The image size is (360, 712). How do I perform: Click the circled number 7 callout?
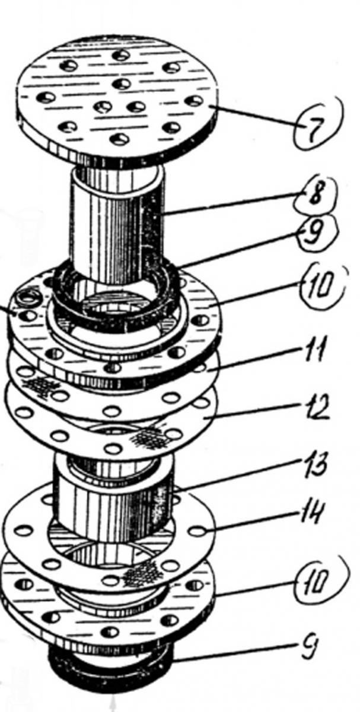[318, 126]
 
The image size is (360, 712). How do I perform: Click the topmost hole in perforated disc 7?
[121, 56]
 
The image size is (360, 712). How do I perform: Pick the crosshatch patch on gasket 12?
[149, 439]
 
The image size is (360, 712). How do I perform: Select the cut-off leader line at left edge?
[8, 310]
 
